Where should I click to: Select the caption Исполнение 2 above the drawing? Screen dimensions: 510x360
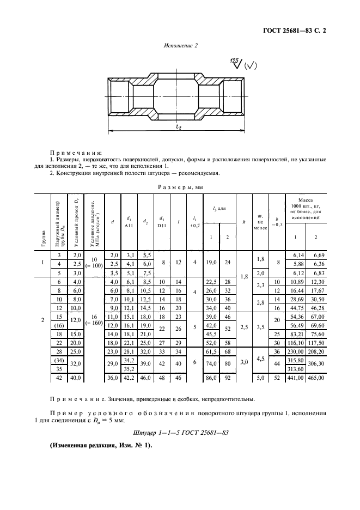pos(180,46)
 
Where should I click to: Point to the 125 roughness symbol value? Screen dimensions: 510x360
pos(234,60)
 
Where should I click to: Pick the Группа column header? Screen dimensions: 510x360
pos(44,222)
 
